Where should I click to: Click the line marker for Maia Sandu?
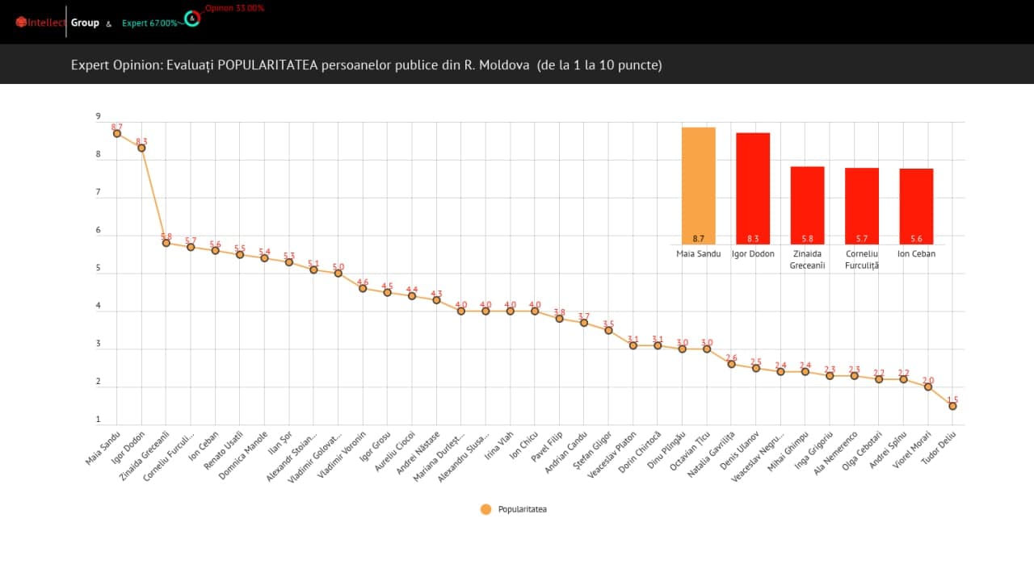117,133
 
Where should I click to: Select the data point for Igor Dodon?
141,148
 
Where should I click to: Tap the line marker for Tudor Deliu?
952,406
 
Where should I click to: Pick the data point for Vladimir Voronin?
363,288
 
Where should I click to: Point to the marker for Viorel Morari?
928,387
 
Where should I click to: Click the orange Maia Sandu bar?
699,186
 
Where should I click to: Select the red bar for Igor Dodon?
753,188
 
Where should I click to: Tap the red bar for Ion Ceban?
916,206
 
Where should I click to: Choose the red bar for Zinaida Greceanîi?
807,205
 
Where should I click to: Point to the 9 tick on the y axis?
99,117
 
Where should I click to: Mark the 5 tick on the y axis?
99,269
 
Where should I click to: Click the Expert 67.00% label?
149,23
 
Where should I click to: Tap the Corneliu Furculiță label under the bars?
861,259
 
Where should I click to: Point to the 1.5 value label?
953,399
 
